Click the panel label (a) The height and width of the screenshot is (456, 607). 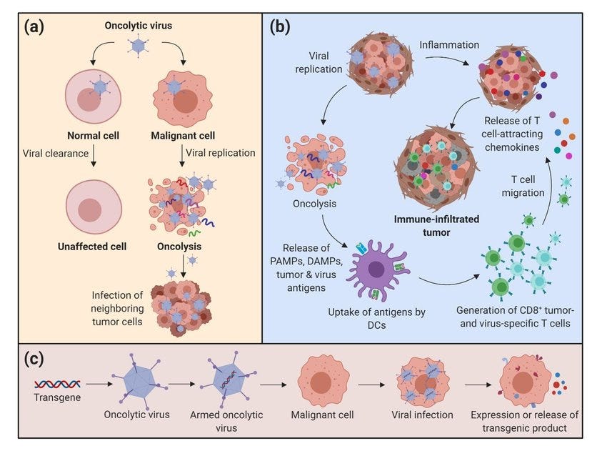click(x=34, y=27)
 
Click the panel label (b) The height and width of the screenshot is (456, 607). click(x=280, y=27)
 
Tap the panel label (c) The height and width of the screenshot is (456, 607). click(x=34, y=359)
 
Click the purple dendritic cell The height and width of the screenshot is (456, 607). click(x=376, y=269)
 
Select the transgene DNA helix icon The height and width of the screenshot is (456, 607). click(x=57, y=384)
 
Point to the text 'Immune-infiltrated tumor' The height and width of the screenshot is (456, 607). click(x=436, y=226)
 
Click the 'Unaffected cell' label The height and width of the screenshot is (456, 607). click(x=92, y=247)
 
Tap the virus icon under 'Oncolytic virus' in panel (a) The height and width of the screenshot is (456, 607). click(x=139, y=46)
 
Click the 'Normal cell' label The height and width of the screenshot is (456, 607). click(x=93, y=136)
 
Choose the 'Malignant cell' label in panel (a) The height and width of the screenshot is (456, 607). click(x=183, y=136)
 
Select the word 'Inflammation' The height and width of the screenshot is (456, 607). click(x=449, y=45)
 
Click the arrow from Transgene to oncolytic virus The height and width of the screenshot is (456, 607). click(x=99, y=384)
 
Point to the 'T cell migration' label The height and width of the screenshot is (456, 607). click(x=523, y=186)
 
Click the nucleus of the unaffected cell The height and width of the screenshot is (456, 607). click(x=90, y=210)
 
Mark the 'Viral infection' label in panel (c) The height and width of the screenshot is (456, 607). click(x=422, y=415)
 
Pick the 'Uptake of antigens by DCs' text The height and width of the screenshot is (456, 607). click(x=376, y=318)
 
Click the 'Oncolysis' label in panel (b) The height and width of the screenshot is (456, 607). click(x=314, y=204)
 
